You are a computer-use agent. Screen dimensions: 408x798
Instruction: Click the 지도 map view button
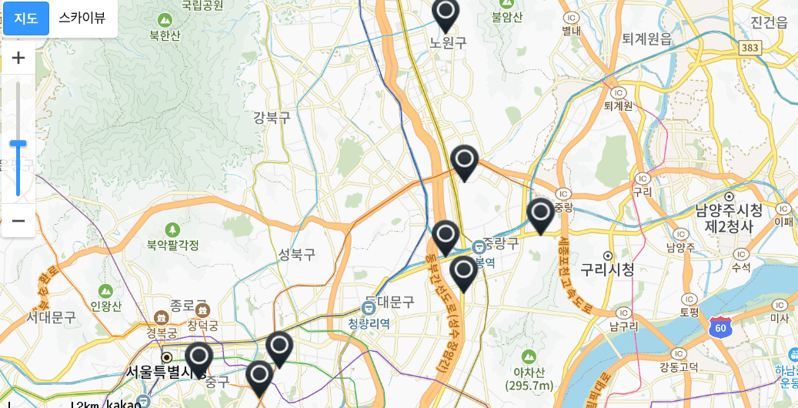click(x=26, y=18)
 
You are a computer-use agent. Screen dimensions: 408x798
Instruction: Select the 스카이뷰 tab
click(x=82, y=18)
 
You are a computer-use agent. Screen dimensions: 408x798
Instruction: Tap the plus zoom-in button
click(x=18, y=58)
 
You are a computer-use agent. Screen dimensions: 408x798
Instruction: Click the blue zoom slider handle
click(x=18, y=143)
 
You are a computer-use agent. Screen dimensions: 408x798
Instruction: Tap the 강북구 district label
click(x=272, y=118)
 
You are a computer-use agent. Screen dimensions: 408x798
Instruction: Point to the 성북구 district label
click(x=297, y=253)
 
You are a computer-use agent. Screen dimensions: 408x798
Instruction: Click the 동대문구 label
click(x=389, y=302)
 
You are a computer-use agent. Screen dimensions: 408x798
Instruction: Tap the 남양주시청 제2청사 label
click(x=729, y=218)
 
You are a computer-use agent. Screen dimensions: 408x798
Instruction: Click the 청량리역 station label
click(x=369, y=323)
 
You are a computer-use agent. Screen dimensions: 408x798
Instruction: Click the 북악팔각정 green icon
click(x=172, y=230)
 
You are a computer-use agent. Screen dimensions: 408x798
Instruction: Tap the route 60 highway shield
click(x=721, y=326)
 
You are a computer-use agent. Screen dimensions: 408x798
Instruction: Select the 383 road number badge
click(x=750, y=48)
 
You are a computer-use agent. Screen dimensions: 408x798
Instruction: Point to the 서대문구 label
click(x=51, y=316)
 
